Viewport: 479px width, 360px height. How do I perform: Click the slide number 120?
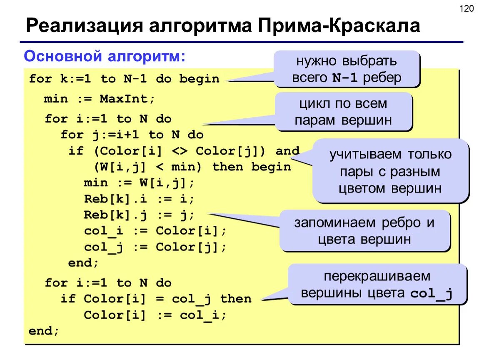tap(467, 8)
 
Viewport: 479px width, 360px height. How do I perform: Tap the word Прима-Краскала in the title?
tap(339, 26)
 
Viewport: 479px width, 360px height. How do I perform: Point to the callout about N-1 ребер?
tap(346, 69)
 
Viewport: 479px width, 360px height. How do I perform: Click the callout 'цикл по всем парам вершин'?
tap(343, 112)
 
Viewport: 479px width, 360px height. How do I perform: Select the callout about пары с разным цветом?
tap(390, 171)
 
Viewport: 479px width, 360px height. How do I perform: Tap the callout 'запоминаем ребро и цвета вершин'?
tap(364, 231)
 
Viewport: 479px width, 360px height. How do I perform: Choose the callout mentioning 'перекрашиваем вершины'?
tap(377, 285)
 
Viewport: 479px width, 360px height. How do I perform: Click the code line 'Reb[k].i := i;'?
tap(139, 199)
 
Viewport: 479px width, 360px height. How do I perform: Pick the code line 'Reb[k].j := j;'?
tap(139, 215)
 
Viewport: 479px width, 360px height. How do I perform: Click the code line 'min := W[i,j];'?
tap(139, 183)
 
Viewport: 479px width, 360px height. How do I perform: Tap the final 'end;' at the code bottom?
tap(44, 331)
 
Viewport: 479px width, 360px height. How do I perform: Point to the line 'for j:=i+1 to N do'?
tap(132, 135)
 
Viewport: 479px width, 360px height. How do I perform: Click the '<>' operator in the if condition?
tap(180, 151)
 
